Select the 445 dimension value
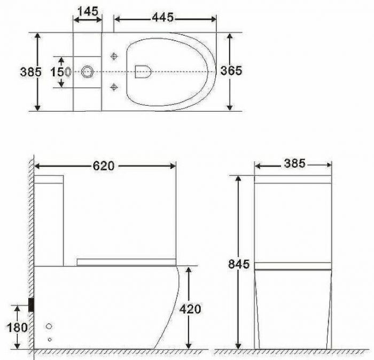coord(162,18)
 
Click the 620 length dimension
coord(104,166)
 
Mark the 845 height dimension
coord(239,264)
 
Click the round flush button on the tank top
coord(87,71)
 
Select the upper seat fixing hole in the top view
coord(114,56)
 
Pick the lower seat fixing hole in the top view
coord(114,87)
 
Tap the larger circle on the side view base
coord(49,326)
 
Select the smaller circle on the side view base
coord(49,339)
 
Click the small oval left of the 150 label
coord(68,72)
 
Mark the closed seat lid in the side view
coord(126,261)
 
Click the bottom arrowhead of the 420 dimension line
coord(188,345)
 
